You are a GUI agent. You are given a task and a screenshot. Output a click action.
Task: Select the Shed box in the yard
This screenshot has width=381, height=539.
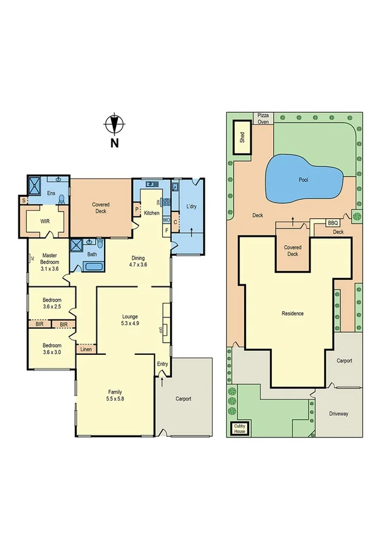coord(242,137)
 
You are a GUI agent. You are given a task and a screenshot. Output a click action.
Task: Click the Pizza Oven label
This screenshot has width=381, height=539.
coord(263,118)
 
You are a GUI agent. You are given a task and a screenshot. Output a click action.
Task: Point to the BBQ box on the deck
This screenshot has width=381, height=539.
coord(333,223)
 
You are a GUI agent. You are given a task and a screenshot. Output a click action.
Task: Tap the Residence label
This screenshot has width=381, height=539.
coord(293,313)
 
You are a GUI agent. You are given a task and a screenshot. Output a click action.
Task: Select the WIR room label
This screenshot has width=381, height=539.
coord(44,222)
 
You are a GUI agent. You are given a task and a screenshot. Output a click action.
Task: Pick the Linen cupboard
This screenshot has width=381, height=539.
coord(86,349)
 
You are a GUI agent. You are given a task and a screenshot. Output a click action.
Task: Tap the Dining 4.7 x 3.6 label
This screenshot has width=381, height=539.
coord(138,261)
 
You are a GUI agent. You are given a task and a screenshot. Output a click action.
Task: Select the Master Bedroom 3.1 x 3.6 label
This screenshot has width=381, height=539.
coord(49,262)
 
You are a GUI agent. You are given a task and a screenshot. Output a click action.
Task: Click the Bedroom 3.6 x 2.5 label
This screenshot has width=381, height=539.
coord(51,304)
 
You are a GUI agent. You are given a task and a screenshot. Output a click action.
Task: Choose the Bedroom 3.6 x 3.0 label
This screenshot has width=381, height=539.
coord(51,349)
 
